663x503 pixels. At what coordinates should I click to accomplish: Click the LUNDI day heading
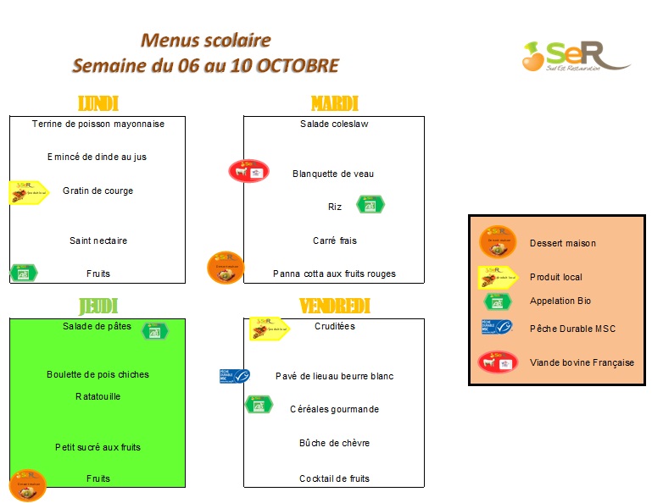97,103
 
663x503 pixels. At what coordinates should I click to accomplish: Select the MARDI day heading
334,103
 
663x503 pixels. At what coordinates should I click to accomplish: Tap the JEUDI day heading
97,306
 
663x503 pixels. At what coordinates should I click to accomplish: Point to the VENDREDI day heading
334,306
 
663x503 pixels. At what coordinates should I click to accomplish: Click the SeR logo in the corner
574,56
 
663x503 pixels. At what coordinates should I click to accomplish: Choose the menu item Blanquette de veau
333,174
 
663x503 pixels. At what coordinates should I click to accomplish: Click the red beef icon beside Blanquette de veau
248,171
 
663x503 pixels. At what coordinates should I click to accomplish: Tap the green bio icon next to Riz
370,204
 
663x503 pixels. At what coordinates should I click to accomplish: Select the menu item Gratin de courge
97,191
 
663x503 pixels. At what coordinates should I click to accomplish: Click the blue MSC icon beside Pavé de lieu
235,376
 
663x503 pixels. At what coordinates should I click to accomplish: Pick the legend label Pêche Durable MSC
572,329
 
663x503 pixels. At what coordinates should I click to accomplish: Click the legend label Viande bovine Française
582,362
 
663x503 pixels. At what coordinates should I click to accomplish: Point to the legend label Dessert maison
563,243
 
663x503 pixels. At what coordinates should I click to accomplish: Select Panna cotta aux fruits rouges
334,274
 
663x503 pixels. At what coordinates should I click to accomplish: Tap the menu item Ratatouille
97,396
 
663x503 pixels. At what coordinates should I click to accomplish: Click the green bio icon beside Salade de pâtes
155,331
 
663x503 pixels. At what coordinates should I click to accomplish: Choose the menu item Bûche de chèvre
334,443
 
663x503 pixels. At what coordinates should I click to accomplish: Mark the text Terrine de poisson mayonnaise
97,124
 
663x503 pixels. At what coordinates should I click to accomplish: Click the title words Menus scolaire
206,40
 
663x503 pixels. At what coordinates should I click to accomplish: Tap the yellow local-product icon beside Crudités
268,328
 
